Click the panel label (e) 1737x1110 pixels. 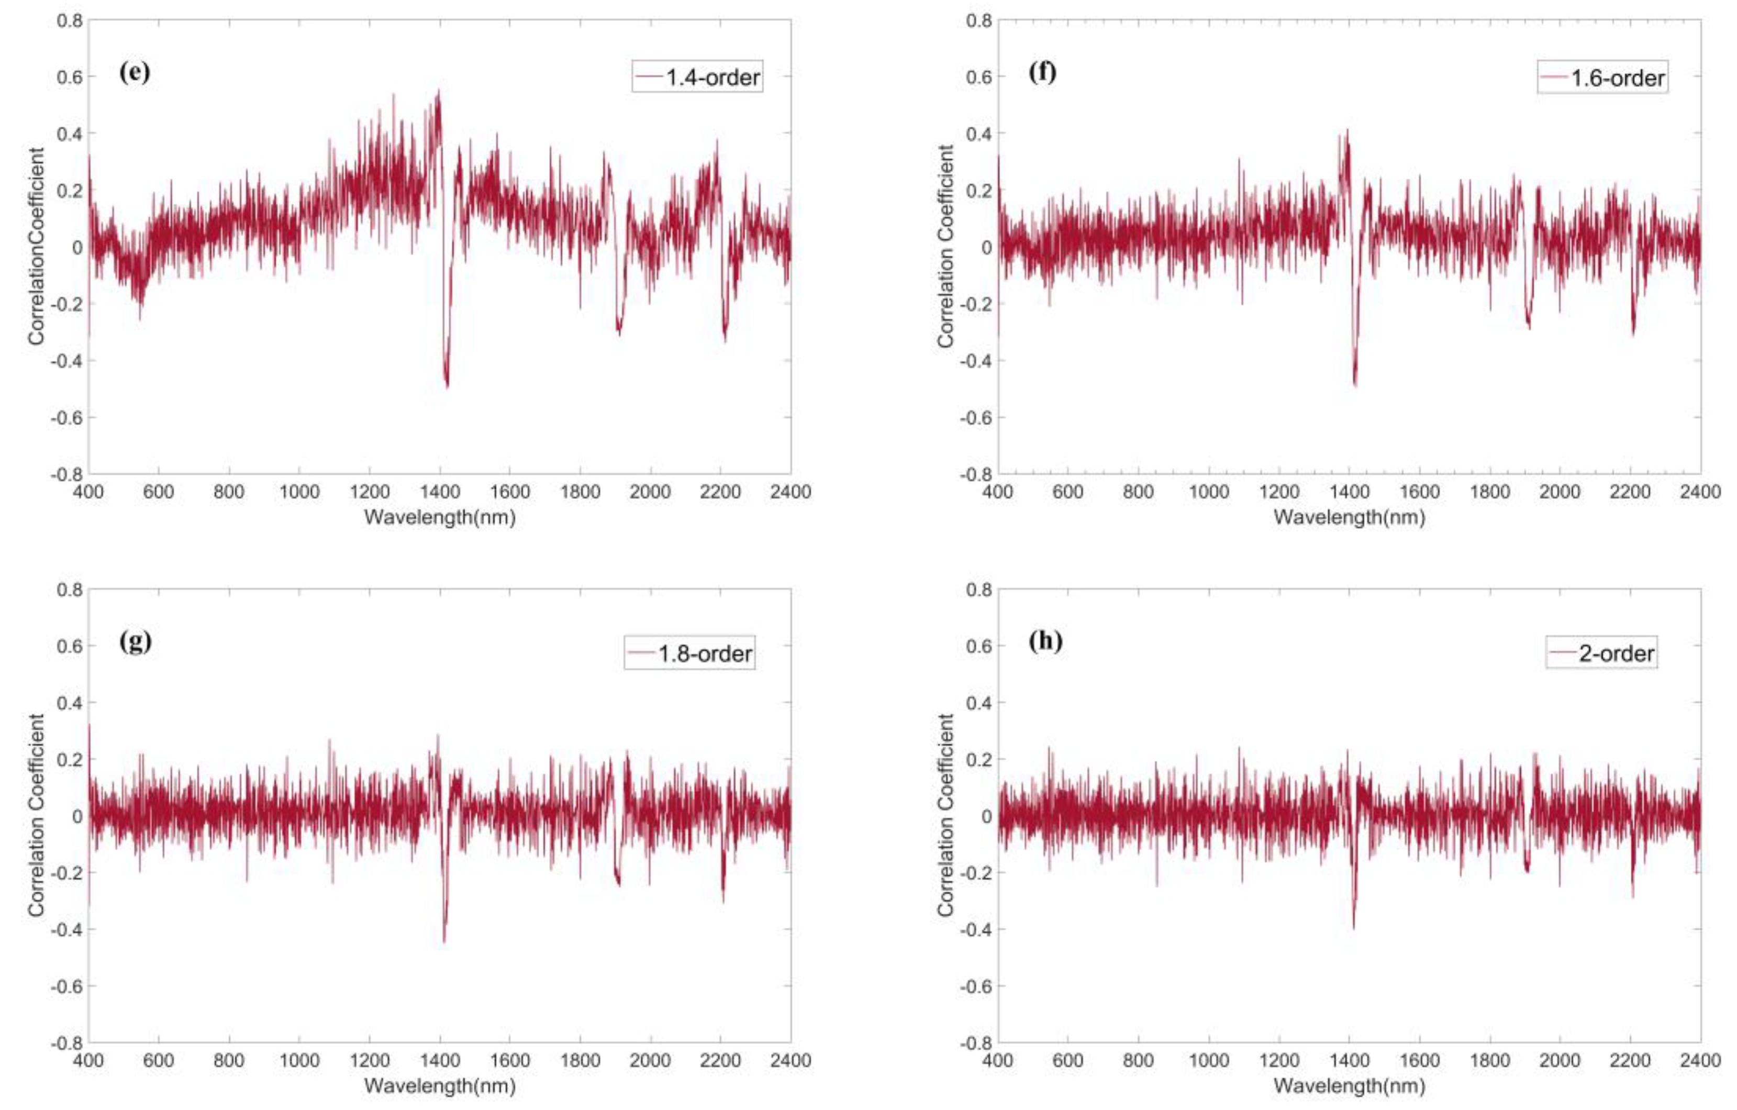(x=135, y=73)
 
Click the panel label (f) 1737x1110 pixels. (x=1042, y=72)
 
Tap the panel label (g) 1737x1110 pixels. (x=135, y=641)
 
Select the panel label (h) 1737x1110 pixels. (x=1045, y=641)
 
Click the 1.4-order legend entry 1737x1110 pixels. (x=697, y=77)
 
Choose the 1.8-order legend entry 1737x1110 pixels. (x=689, y=653)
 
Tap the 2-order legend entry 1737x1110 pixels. (x=1601, y=653)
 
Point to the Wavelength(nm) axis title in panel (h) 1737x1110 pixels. (x=1349, y=1085)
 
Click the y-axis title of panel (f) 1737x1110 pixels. (x=945, y=247)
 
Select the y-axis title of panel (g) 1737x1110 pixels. (x=36, y=816)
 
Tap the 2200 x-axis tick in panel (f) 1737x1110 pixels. (x=1630, y=492)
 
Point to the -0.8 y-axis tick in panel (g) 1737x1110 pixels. (x=66, y=1042)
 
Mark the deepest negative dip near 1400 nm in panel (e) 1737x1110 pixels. (x=447, y=386)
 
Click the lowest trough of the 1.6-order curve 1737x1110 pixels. (x=1355, y=384)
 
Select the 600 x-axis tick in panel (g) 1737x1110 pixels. (x=158, y=1061)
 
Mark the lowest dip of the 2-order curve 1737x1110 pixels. (x=1353, y=927)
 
